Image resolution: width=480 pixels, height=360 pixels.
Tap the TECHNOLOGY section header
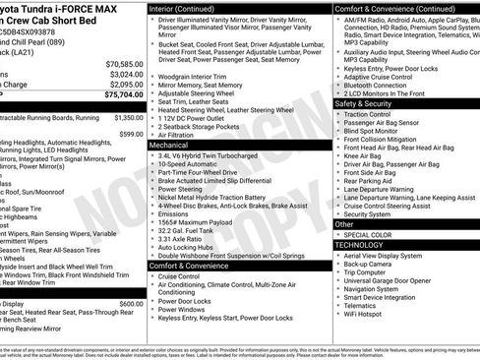[x=369, y=245]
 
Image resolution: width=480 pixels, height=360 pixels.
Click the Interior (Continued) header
[x=189, y=8]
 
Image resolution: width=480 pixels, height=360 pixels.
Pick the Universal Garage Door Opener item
[x=395, y=281]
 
